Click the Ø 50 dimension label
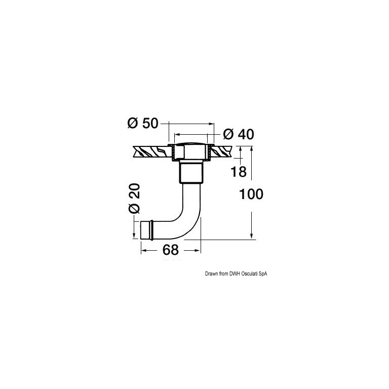[x=143, y=123]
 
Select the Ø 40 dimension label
[x=239, y=134]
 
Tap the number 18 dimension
[x=239, y=172]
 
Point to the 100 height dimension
[x=251, y=194]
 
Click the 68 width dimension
[x=170, y=250]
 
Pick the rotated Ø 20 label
[x=134, y=199]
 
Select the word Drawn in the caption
[x=210, y=274]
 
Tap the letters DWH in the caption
[x=234, y=274]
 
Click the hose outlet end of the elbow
[x=146, y=230]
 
